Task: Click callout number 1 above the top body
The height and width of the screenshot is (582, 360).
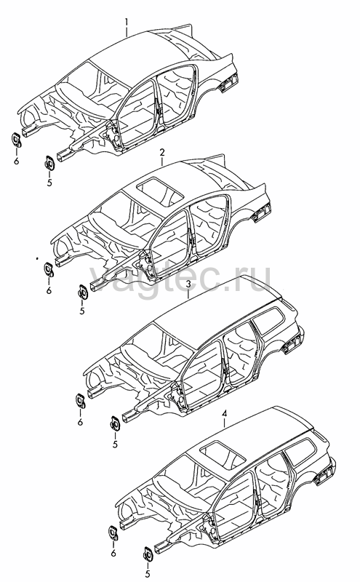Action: coord(127,22)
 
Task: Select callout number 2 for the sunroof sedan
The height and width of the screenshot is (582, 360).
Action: coord(161,152)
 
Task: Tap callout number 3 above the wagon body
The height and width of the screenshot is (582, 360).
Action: coord(188,284)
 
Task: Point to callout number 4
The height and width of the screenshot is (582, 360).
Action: coord(224,413)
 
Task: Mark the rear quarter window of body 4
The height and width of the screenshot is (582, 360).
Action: coord(301,451)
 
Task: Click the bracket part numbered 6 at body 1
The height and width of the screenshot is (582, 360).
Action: coord(16,140)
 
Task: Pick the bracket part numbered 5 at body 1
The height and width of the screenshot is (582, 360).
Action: coord(49,162)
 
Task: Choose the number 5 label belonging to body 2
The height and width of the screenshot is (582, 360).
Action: coord(82,311)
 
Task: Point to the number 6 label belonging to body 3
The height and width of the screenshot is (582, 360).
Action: coord(80,422)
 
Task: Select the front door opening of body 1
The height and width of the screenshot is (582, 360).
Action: coord(138,113)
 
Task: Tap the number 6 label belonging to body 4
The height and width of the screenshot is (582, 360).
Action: coord(113,554)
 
